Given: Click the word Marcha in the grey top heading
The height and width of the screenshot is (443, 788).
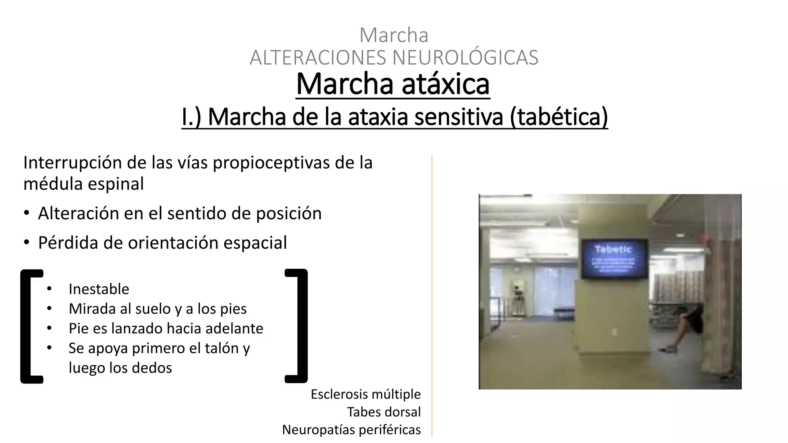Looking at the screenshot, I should coord(394,35).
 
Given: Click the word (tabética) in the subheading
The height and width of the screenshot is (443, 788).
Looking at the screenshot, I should coord(559,117).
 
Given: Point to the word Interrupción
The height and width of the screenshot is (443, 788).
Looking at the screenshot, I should coord(72,163).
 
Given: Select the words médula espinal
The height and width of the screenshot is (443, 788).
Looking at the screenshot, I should coord(83,183).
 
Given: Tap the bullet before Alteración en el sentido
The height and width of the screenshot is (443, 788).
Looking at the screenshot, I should coord(26,213).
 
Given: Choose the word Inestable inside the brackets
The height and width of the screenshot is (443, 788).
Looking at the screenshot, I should coord(99,289).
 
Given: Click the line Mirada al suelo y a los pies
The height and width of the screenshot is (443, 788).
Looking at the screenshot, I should coord(157,309).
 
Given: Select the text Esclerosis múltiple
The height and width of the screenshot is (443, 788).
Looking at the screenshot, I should coord(366,394).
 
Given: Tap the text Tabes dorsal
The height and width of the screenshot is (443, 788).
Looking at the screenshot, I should coord(384,412).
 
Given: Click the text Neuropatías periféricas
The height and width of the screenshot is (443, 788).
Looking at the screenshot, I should coord(351,430).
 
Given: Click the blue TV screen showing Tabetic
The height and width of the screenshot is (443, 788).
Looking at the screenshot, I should coord(614,258).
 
